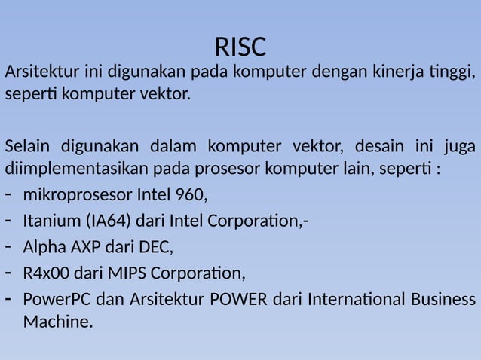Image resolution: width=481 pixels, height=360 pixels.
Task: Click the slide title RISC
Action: (x=240, y=47)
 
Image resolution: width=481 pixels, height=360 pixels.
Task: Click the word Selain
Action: (x=27, y=145)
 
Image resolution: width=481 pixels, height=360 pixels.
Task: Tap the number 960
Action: (x=189, y=196)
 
